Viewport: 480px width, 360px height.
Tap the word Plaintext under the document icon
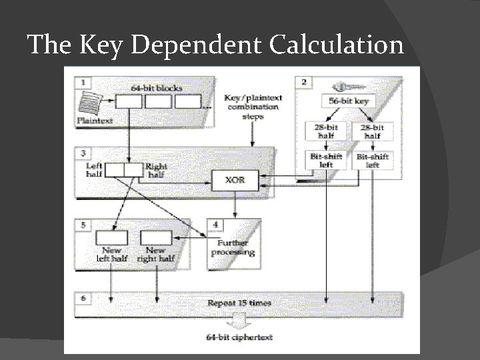tap(95, 121)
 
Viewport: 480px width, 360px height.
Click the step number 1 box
tap(83, 83)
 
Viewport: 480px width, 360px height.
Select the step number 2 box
tap(304, 82)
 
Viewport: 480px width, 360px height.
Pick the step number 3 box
tap(83, 153)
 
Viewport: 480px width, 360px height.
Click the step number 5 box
tap(83, 225)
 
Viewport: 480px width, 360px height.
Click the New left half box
tap(111, 237)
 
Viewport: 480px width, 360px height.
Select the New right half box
tap(156, 237)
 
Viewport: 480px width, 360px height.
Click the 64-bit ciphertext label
tap(239, 337)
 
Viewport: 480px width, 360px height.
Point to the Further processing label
tap(233, 248)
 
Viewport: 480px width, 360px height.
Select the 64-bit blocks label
tap(157, 87)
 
